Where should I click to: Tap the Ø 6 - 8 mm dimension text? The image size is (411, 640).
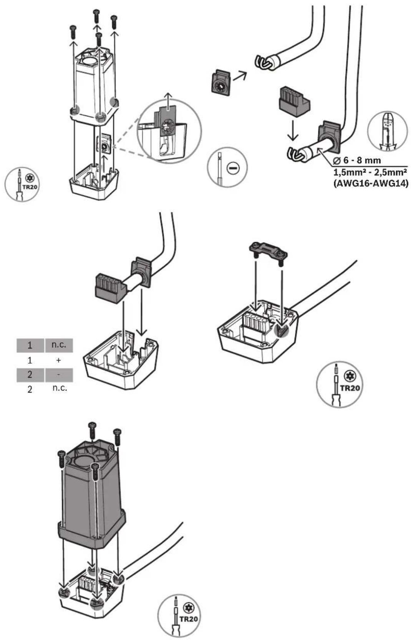pyautogui.click(x=357, y=160)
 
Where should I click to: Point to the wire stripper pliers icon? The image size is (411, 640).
pyautogui.click(x=387, y=134)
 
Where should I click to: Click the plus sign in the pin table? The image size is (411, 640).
pyautogui.click(x=58, y=360)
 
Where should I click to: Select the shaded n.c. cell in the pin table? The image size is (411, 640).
pyautogui.click(x=59, y=345)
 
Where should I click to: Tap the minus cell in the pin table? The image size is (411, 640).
pyautogui.click(x=59, y=375)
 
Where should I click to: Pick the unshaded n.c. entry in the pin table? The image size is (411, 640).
pyautogui.click(x=60, y=388)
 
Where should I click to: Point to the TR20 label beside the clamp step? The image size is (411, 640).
pyautogui.click(x=350, y=388)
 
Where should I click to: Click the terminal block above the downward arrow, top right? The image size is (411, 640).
pyautogui.click(x=294, y=102)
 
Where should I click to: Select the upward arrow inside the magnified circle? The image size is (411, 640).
pyautogui.click(x=169, y=101)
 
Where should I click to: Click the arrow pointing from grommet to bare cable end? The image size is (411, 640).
pyautogui.click(x=239, y=76)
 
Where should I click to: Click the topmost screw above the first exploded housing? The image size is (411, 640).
pyautogui.click(x=96, y=15)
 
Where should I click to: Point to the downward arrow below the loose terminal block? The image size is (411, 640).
pyautogui.click(x=293, y=130)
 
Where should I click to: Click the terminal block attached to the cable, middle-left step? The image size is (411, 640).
pyautogui.click(x=110, y=288)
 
